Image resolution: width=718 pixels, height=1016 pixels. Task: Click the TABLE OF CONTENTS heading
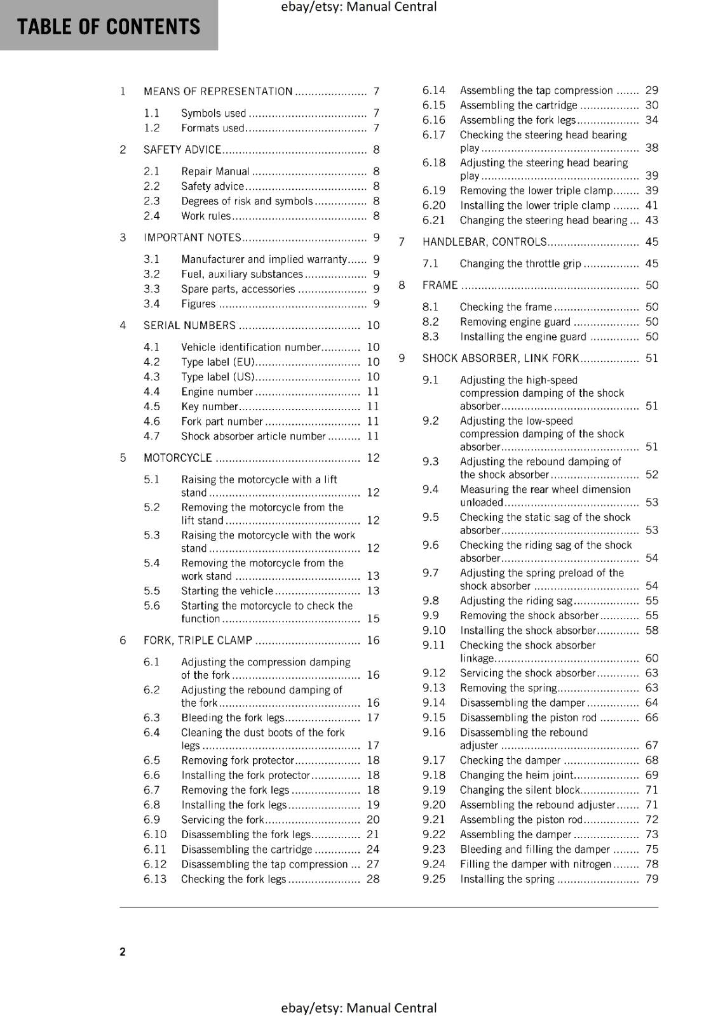point(109,27)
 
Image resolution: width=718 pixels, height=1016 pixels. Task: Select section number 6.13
point(155,879)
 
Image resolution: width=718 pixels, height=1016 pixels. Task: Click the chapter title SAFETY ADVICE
point(182,150)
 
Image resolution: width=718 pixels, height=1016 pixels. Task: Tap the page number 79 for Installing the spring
point(652,879)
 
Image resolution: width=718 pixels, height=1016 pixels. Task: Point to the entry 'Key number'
point(209,406)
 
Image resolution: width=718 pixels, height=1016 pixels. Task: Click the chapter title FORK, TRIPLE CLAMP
point(198,640)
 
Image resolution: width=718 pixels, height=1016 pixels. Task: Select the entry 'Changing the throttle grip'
point(520,264)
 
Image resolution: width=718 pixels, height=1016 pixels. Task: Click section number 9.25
point(434,879)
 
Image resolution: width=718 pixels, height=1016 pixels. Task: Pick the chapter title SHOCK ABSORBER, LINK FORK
point(501,358)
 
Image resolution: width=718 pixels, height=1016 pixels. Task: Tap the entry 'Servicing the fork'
point(222,820)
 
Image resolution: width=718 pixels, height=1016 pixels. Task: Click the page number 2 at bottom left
point(123,951)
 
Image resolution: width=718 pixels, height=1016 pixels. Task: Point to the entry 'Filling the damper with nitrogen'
point(535,864)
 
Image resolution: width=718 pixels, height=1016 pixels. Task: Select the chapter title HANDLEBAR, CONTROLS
point(484,242)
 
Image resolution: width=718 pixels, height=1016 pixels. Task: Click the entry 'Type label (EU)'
point(218,362)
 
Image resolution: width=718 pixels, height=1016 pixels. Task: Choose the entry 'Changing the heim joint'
point(517,775)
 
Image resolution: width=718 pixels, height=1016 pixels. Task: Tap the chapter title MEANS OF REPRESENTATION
point(218,91)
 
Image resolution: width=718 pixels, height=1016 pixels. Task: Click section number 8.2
point(431,322)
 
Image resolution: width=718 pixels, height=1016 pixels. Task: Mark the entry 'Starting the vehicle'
point(227,591)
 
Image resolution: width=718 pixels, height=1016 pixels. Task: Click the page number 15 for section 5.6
point(373,618)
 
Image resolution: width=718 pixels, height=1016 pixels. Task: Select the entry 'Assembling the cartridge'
point(518,105)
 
